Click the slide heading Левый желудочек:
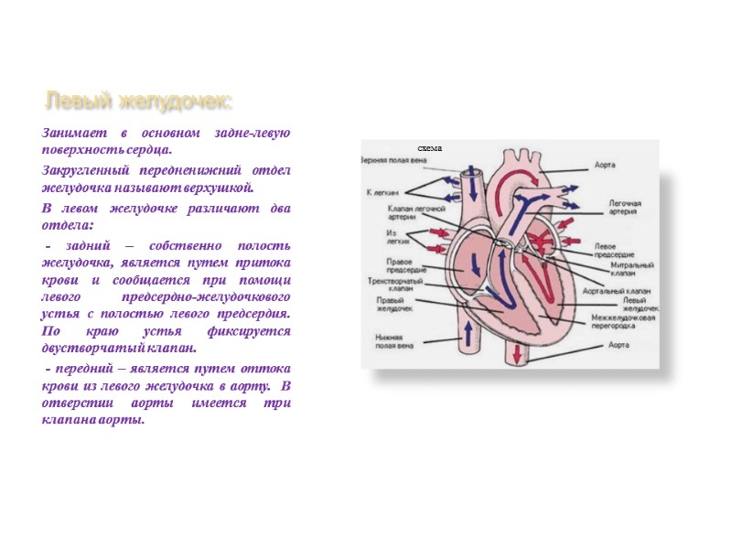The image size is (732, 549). pos(139,99)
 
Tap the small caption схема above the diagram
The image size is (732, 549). pos(429,147)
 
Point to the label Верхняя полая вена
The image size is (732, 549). pos(394,159)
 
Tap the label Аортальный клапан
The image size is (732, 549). pos(621,288)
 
